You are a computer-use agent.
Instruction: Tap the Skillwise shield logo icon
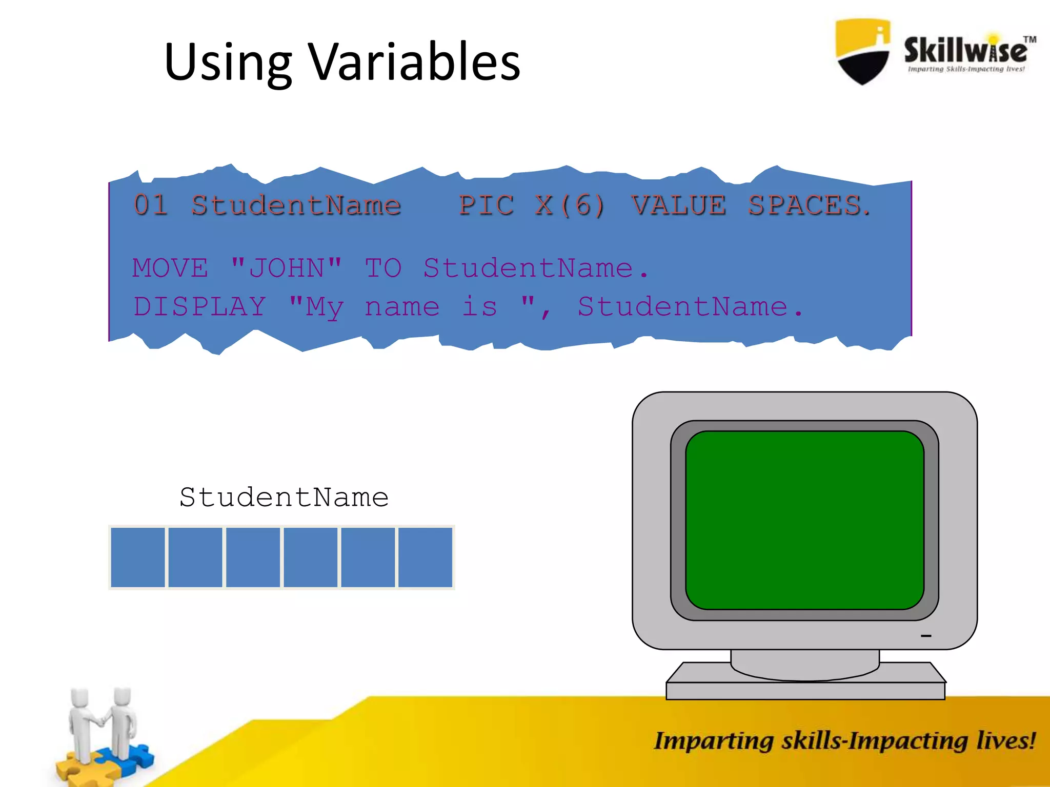coord(863,51)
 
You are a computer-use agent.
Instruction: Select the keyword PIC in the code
coord(486,205)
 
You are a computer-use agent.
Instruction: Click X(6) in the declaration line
coord(570,205)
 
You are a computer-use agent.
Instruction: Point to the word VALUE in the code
coord(679,205)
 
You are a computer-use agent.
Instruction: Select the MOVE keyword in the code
coord(171,268)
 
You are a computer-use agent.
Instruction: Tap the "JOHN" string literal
coord(286,267)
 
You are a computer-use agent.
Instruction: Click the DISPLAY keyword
coord(200,306)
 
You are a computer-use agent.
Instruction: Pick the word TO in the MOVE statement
coord(383,268)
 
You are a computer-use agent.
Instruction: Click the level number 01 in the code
coord(151,205)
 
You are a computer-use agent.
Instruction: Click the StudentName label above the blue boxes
coord(284,497)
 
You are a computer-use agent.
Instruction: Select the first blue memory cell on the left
coord(138,557)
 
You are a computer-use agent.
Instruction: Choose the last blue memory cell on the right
coord(425,557)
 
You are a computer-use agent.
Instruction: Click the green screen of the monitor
coord(804,520)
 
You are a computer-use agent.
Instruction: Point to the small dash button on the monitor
coord(925,636)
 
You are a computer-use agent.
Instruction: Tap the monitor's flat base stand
coord(805,689)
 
